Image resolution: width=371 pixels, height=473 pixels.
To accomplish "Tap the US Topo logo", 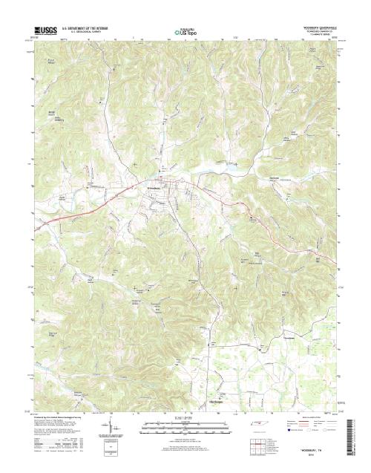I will [x=185, y=32].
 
